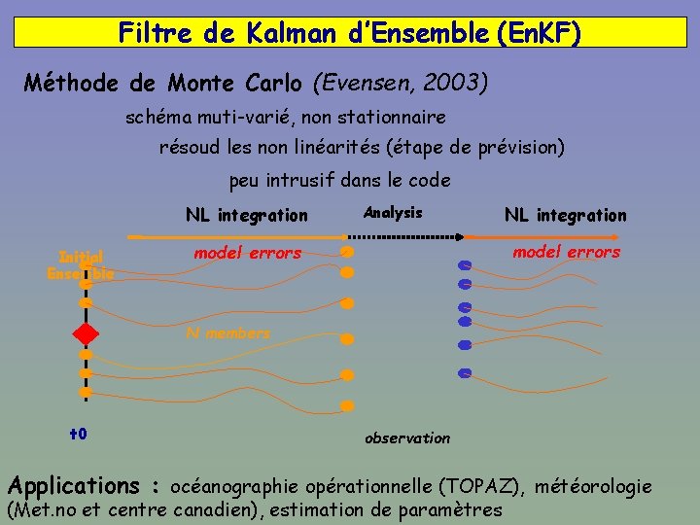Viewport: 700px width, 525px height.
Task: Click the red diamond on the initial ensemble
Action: click(86, 334)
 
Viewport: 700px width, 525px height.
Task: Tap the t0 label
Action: click(79, 433)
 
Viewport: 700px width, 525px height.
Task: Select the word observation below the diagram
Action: click(407, 438)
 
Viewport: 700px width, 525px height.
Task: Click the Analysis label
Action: click(393, 213)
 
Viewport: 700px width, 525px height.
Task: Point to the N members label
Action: click(228, 333)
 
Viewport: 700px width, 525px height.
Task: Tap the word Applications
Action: click(74, 485)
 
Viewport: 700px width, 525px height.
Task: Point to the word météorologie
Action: click(594, 486)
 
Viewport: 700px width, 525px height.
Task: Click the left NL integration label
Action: click(246, 216)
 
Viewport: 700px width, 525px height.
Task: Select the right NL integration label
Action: click(565, 216)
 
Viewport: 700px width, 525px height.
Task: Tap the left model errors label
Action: click(248, 253)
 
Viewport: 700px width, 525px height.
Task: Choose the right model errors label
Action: click(566, 253)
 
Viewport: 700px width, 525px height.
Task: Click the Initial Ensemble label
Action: click(81, 265)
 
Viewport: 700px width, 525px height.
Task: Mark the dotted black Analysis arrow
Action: click(404, 236)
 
